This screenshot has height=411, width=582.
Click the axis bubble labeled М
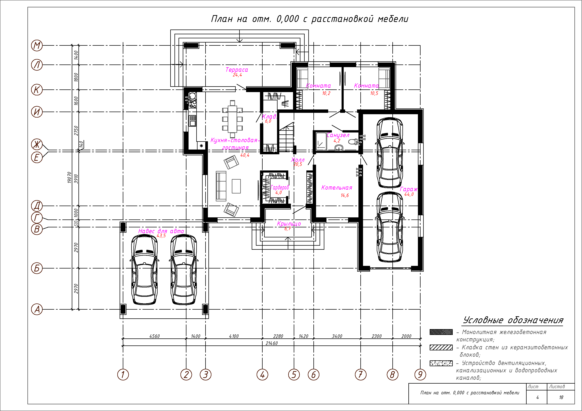(37, 46)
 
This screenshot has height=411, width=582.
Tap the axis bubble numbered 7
(360, 374)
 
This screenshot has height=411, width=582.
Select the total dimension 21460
(272, 343)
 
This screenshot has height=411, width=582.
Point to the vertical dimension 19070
(69, 177)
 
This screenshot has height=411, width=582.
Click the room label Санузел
(338, 135)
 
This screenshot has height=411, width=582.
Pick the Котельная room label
(337, 188)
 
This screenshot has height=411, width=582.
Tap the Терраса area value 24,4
(237, 75)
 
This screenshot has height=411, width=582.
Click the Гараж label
(408, 189)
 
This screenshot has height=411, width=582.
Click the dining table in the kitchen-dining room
(232, 119)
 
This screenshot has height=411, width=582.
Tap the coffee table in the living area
(236, 186)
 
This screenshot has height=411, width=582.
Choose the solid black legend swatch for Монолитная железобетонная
(441, 332)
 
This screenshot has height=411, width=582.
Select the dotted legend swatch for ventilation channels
(441, 363)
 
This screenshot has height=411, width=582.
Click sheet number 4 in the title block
(537, 397)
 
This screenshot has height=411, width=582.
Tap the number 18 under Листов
(561, 397)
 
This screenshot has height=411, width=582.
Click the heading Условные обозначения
(513, 320)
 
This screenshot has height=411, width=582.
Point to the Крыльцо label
(289, 224)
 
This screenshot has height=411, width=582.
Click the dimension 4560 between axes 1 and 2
(154, 336)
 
